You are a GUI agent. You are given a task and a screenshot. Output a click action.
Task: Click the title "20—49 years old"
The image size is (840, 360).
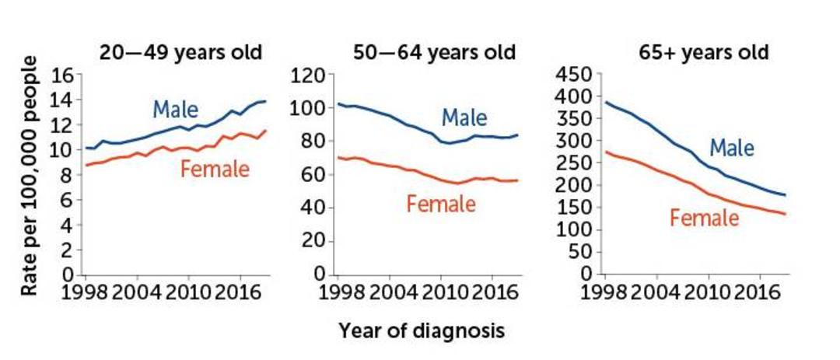pos(180,53)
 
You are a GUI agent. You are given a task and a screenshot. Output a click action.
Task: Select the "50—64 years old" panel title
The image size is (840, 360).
pos(435,53)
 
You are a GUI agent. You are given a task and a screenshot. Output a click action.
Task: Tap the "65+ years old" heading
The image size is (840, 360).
pos(703,53)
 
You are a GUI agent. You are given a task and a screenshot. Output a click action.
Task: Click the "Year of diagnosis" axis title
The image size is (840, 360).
pos(421,330)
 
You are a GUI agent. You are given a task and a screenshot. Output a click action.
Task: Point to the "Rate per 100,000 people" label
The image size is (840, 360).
pos(30,175)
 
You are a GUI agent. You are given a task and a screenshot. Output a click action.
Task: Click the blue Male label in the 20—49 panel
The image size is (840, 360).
pos(176,110)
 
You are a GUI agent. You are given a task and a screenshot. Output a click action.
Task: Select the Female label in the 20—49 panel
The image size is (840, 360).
pos(215,170)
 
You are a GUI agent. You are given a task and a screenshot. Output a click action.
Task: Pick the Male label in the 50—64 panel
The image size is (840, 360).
pos(464,117)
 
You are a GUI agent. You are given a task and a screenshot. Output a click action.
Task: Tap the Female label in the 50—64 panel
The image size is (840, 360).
pos(441,204)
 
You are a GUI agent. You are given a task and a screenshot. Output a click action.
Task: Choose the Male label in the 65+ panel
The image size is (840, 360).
pos(732,147)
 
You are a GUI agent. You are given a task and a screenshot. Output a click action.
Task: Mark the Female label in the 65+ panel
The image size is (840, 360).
pos(705,218)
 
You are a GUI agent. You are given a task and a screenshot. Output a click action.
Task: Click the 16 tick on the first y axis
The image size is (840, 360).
pos(63,75)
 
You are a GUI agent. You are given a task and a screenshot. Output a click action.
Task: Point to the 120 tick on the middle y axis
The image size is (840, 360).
pos(307,75)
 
